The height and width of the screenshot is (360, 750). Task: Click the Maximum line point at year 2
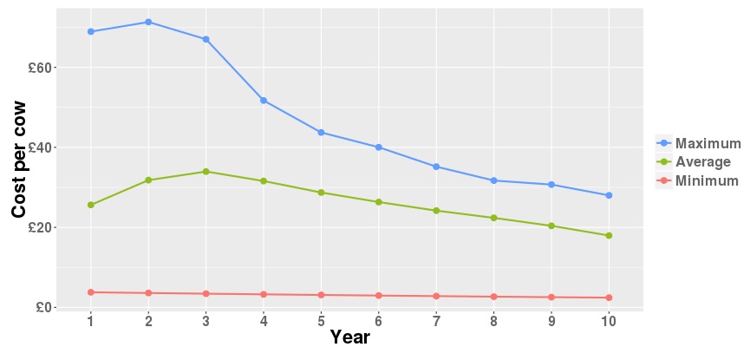pyautogui.click(x=148, y=22)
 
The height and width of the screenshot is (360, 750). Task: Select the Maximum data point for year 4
pyautogui.click(x=264, y=101)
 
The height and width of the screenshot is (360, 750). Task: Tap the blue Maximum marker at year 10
pyautogui.click(x=609, y=195)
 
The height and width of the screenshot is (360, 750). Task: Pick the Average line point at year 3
pyautogui.click(x=205, y=172)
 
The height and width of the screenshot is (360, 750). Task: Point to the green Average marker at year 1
pyautogui.click(x=91, y=205)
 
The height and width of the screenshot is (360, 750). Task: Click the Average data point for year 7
pyautogui.click(x=436, y=211)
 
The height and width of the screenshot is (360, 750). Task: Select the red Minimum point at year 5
pyautogui.click(x=321, y=295)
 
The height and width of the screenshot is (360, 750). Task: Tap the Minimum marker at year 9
pyautogui.click(x=551, y=297)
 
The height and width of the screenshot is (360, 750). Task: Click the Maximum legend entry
pyautogui.click(x=708, y=143)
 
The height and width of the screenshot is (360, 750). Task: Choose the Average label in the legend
pyautogui.click(x=702, y=162)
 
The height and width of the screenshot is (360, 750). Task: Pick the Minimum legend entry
pyautogui.click(x=707, y=181)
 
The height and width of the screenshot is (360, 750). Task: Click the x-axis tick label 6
pyautogui.click(x=379, y=321)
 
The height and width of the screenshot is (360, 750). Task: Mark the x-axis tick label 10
pyautogui.click(x=609, y=321)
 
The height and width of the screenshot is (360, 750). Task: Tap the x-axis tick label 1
pyautogui.click(x=91, y=321)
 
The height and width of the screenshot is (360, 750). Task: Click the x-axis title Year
pyautogui.click(x=349, y=338)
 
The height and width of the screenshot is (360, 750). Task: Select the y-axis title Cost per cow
pyautogui.click(x=19, y=160)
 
